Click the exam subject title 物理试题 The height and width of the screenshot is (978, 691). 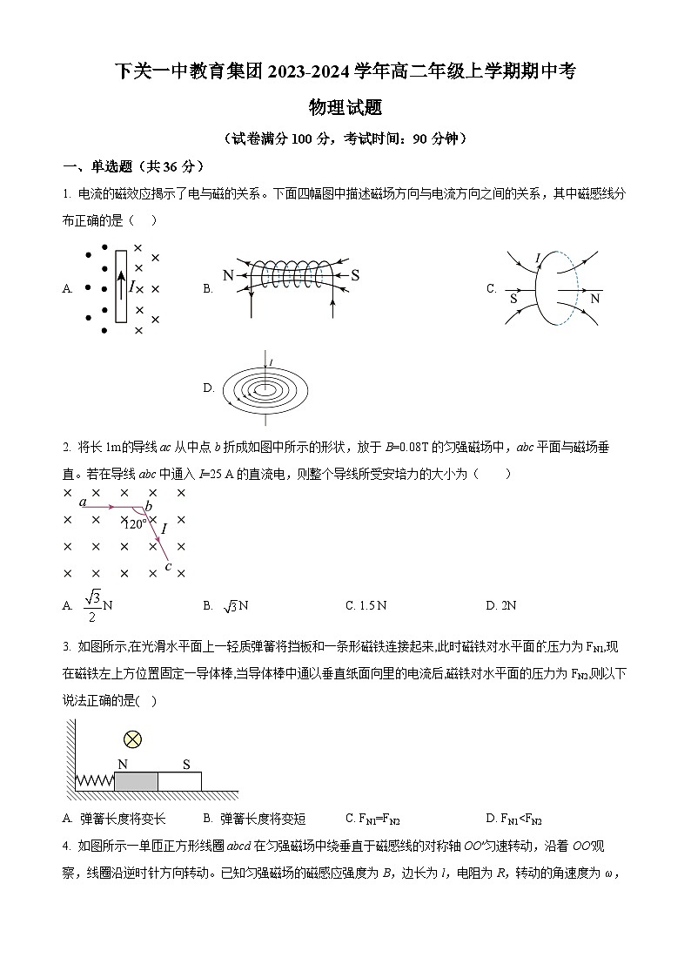coord(345,108)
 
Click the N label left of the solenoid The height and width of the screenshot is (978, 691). coord(229,276)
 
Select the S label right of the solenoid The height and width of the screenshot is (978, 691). coord(355,276)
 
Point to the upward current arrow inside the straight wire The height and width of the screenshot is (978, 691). coord(120,285)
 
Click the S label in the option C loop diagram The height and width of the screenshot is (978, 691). coord(513,298)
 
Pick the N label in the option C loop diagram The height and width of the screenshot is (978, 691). coord(595,298)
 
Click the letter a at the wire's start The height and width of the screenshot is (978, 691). coord(82,502)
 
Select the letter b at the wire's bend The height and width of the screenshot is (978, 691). coord(149,506)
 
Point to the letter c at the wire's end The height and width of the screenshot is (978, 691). coord(168,567)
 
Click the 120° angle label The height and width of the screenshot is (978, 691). coord(135,524)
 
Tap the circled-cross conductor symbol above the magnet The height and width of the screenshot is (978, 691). coord(132,739)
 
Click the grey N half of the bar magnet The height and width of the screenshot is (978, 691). coord(136,781)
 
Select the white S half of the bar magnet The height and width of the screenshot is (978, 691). coord(180,781)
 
